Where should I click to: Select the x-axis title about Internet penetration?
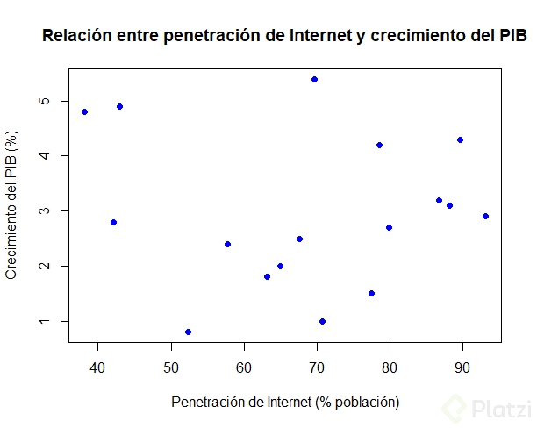point(285,402)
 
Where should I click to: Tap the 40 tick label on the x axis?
point(98,365)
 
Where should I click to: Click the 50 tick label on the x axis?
point(171,365)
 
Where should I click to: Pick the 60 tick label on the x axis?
point(244,365)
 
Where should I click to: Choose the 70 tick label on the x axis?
point(317,365)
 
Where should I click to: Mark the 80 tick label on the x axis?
point(390,365)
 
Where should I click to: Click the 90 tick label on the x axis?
point(462,365)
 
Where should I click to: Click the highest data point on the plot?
point(314,79)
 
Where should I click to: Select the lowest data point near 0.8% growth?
point(188,332)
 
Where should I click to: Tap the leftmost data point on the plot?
point(84,111)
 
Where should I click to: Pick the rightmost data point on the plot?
point(485,216)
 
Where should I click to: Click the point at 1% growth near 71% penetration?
point(323,321)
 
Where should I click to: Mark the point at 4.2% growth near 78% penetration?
point(379,145)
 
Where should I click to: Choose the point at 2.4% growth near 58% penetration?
point(227,244)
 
